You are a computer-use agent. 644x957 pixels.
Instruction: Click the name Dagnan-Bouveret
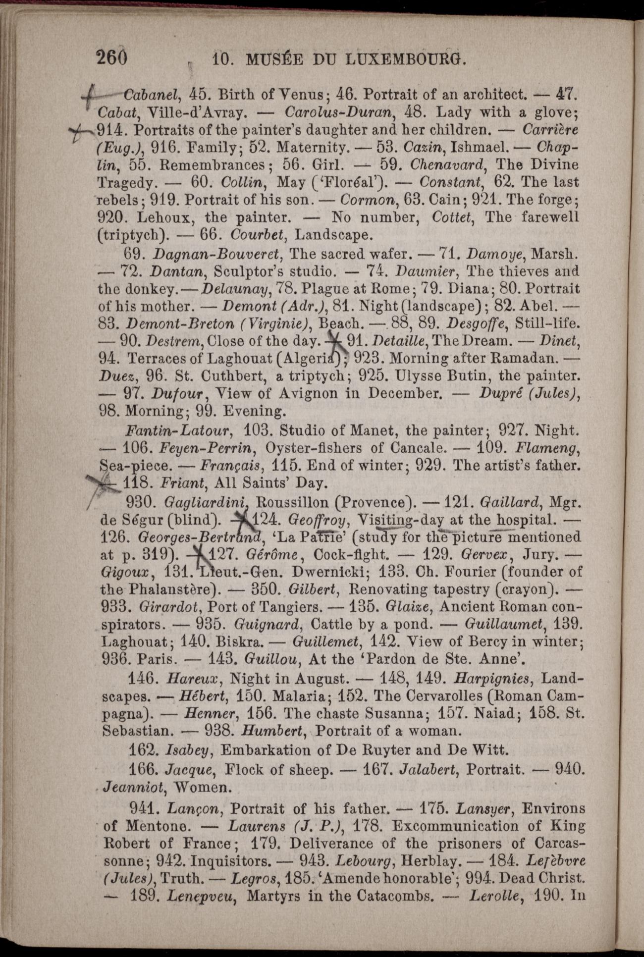218,255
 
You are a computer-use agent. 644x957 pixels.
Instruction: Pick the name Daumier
420,271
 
